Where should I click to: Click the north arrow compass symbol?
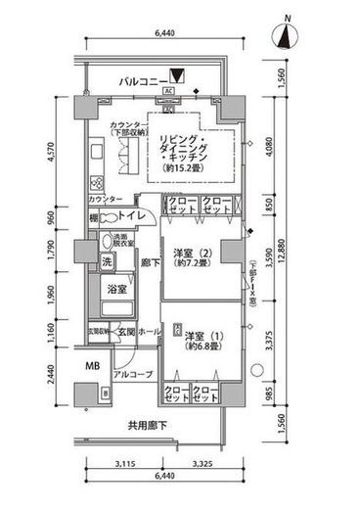pos(286,37)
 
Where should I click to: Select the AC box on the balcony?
pos(168,92)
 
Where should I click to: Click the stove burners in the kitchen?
pos(96,183)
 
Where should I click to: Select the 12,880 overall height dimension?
pos(310,255)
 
